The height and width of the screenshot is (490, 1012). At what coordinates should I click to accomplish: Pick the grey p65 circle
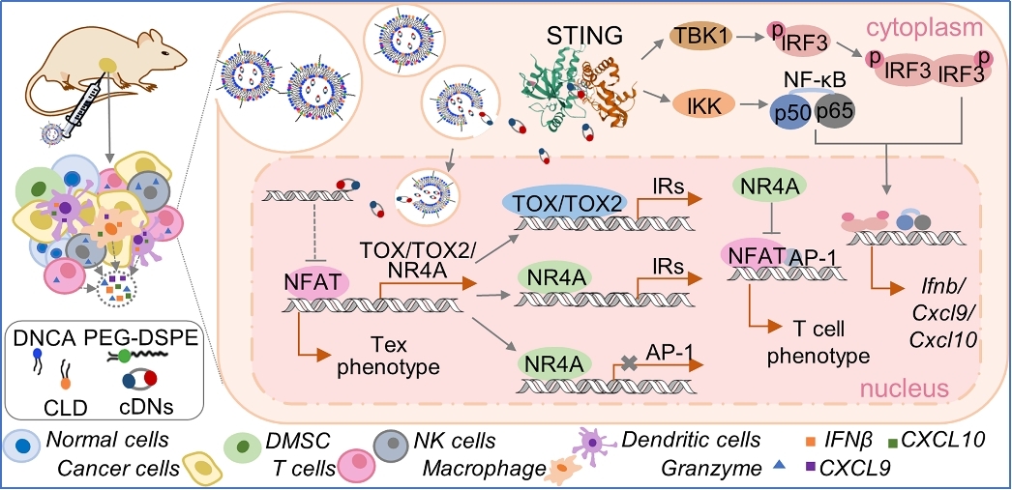(x=834, y=112)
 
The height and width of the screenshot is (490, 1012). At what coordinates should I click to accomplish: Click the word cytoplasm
(x=952, y=23)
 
